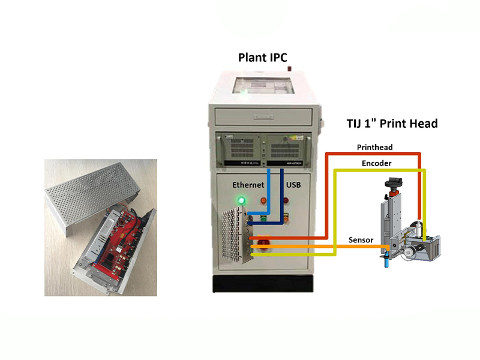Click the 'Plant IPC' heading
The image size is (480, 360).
(263, 58)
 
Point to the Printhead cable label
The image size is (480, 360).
(374, 147)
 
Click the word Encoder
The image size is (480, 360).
(377, 163)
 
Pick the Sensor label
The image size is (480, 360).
(361, 240)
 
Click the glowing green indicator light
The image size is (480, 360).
(242, 200)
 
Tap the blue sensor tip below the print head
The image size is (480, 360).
(386, 262)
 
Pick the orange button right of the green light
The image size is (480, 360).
(263, 201)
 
